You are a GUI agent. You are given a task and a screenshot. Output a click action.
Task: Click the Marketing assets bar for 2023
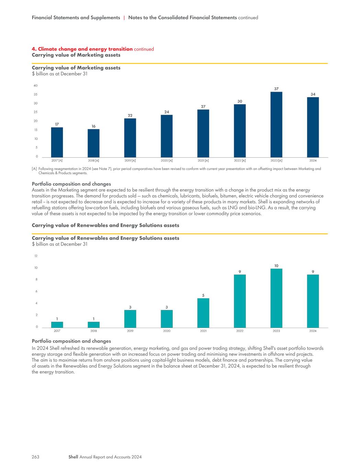click(x=276, y=124)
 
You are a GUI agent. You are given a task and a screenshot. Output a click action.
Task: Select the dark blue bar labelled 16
click(x=93, y=143)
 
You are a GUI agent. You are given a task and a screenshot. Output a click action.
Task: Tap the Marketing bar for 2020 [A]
click(x=167, y=136)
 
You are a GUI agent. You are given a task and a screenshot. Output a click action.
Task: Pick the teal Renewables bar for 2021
click(x=203, y=313)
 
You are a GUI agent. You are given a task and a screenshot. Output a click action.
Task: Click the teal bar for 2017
click(x=57, y=325)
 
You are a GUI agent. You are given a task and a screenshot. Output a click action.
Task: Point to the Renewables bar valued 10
click(x=276, y=298)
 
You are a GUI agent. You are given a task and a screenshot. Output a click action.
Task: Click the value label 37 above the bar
click(x=276, y=89)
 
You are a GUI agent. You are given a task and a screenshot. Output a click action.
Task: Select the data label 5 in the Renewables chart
click(x=203, y=295)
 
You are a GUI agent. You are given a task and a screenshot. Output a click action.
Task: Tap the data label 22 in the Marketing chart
click(x=130, y=115)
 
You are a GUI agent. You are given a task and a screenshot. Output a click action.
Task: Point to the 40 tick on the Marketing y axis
click(x=36, y=86)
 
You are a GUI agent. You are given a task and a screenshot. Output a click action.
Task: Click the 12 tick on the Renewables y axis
click(x=36, y=256)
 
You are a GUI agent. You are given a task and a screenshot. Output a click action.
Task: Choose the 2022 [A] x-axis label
click(x=240, y=160)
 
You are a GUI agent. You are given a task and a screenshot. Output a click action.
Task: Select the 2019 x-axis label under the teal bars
click(x=130, y=331)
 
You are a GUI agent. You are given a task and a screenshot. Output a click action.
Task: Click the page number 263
click(x=36, y=457)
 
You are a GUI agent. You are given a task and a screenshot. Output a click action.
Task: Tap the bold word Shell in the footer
click(x=73, y=457)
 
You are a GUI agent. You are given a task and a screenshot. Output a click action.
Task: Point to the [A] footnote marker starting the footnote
click(x=34, y=169)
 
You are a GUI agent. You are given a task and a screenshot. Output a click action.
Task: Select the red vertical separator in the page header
click(x=124, y=18)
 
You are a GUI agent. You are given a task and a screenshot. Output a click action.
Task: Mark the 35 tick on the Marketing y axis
click(x=36, y=94)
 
